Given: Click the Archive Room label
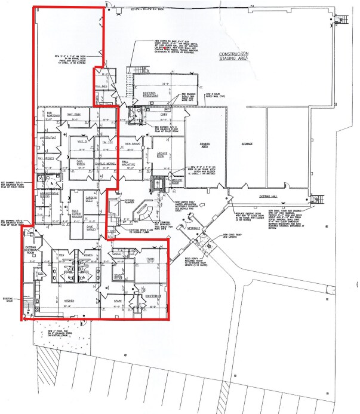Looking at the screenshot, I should point(162,157).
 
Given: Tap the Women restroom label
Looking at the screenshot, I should point(87,256).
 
